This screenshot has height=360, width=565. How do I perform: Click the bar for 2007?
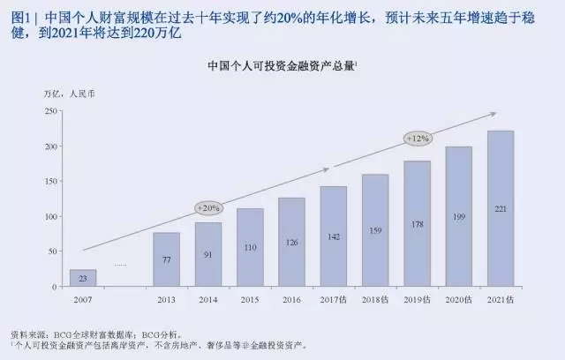pyautogui.click(x=83, y=277)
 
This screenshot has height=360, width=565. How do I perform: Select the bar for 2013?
pyautogui.click(x=167, y=259)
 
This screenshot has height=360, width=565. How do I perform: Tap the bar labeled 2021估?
pyautogui.click(x=501, y=208)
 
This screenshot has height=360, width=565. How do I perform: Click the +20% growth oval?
pyautogui.click(x=208, y=208)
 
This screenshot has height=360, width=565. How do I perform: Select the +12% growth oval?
pyautogui.click(x=417, y=139)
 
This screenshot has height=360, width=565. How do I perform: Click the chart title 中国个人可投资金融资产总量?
pyautogui.click(x=282, y=66)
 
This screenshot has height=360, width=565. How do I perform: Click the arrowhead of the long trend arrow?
pyautogui.click(x=494, y=113)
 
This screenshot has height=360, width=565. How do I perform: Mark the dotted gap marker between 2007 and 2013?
pyautogui.click(x=120, y=265)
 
